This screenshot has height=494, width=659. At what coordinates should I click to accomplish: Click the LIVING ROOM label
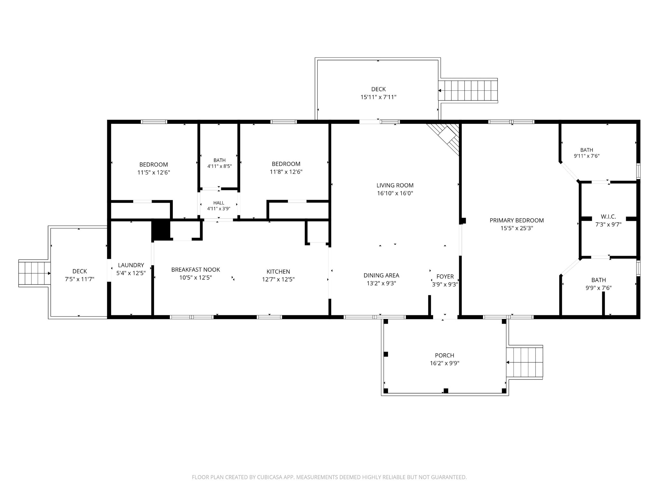point(395,185)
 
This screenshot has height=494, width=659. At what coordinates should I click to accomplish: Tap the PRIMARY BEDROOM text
point(516,220)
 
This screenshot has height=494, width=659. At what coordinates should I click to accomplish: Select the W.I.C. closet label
point(608,217)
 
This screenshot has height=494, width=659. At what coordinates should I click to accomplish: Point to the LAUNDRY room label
point(131,265)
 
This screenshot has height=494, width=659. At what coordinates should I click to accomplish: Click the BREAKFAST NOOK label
point(196,270)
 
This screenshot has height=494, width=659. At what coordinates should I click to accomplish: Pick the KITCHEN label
point(278,272)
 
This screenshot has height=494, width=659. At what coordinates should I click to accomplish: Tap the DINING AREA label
point(381,276)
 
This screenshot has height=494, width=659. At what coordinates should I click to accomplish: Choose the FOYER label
point(445,277)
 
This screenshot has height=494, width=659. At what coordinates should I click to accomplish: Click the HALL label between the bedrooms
point(218,203)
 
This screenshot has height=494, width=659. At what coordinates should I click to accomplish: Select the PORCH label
point(444,355)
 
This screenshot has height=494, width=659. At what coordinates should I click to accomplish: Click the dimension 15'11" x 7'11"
point(378,97)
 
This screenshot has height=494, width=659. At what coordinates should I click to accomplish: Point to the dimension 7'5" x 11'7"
point(79,279)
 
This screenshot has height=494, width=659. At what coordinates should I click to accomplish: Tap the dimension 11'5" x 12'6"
point(153,172)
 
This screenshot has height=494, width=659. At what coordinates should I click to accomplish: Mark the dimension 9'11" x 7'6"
point(587,156)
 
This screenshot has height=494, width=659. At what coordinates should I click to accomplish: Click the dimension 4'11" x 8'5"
point(219,166)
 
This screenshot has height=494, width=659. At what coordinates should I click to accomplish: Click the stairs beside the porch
point(525,362)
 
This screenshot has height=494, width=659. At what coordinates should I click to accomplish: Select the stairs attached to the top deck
point(468,91)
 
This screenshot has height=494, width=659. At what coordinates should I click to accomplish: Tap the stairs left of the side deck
point(34,273)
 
